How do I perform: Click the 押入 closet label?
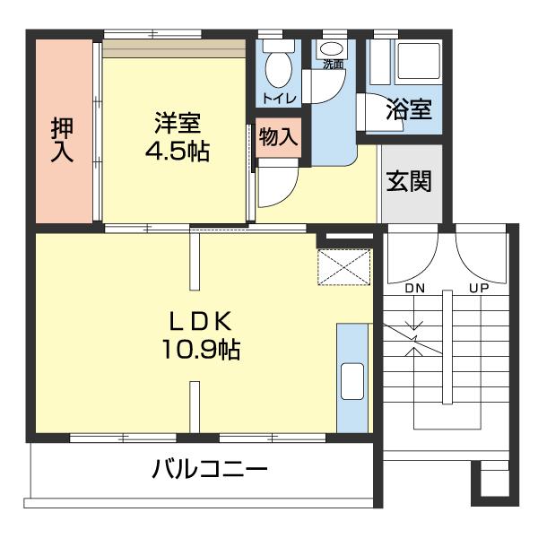(62, 139)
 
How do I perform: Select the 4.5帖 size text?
(177, 152)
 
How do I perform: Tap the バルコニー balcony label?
(209, 469)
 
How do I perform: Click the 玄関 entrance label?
(409, 182)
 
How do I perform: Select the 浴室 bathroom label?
(410, 109)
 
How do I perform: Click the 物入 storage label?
(278, 137)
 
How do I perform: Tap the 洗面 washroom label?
(333, 65)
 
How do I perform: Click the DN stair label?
(413, 289)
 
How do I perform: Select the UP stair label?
(477, 289)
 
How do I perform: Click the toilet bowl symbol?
(276, 65)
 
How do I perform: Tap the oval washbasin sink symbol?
(333, 48)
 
